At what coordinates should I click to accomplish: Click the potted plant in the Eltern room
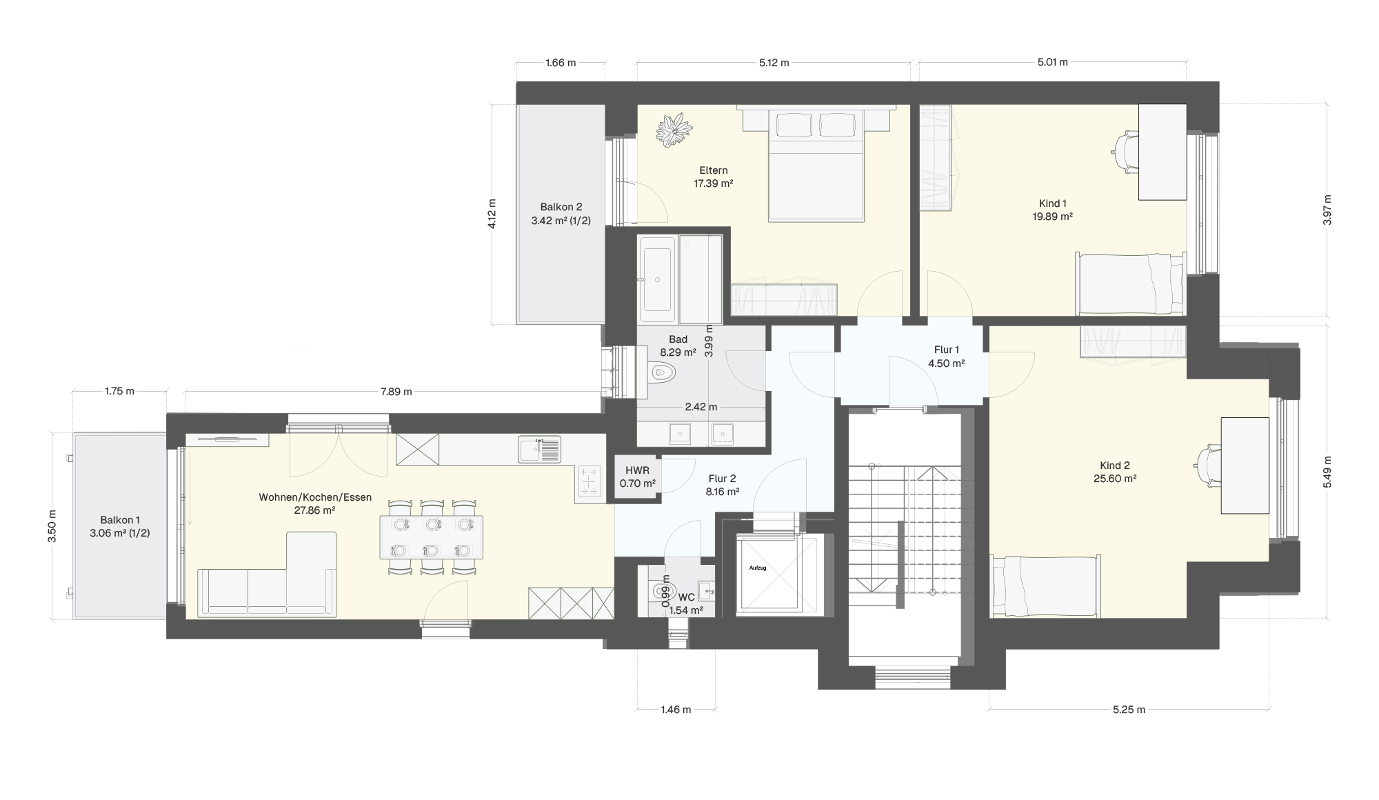click(674, 130)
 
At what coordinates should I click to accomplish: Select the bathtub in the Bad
click(658, 279)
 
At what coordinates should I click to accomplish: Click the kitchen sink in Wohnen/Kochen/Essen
click(540, 450)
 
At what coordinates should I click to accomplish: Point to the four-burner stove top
click(590, 481)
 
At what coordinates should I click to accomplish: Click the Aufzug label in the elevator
click(758, 568)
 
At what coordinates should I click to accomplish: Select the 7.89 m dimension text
click(396, 392)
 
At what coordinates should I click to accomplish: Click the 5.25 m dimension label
click(1129, 710)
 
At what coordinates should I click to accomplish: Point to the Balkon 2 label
click(561, 207)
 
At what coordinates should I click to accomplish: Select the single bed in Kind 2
click(1045, 586)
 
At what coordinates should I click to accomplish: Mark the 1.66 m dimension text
click(561, 63)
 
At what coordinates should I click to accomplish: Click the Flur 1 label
click(945, 350)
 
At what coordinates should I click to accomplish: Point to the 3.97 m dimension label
click(1327, 210)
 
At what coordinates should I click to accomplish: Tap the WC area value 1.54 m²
click(686, 610)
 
